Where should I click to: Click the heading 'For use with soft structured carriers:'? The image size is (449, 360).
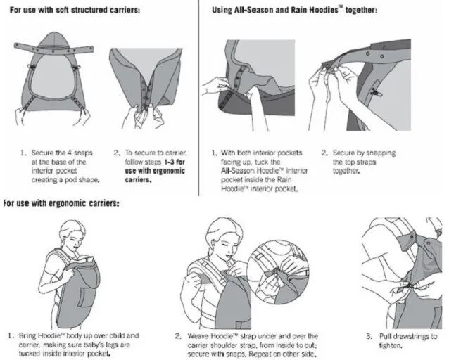(x=75, y=10)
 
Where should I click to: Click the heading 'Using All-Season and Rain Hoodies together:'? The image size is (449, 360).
(x=294, y=10)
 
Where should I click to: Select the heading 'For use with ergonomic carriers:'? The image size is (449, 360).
(x=61, y=203)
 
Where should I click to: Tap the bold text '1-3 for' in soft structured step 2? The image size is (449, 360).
(x=175, y=162)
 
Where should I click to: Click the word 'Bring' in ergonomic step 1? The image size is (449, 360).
(x=27, y=335)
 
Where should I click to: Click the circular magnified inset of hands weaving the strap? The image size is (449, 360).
(x=278, y=272)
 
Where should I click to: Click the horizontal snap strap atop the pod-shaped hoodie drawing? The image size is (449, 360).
(x=53, y=49)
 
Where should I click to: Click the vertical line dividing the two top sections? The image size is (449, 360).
(x=198, y=98)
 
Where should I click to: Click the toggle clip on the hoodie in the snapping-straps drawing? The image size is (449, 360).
(x=375, y=92)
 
